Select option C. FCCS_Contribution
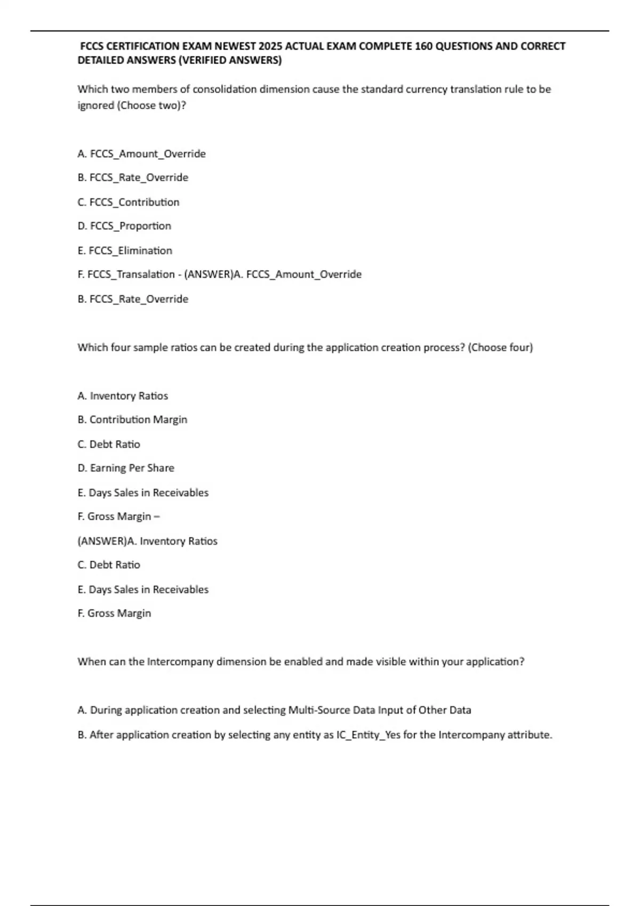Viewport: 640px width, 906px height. pos(129,202)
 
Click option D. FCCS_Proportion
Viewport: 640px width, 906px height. pos(124,226)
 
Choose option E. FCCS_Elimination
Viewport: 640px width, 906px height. pos(125,250)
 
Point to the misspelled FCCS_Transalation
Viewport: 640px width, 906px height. pos(131,274)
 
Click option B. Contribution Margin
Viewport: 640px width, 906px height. pos(132,420)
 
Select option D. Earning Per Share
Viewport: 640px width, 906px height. pos(126,468)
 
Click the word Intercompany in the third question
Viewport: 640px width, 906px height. pos(180,662)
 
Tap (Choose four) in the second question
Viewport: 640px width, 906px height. pos(500,347)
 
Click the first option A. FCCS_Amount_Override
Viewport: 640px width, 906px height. pos(141,154)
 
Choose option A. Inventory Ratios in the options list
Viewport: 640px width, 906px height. pos(123,396)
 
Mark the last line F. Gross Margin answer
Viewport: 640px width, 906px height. pos(114,613)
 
